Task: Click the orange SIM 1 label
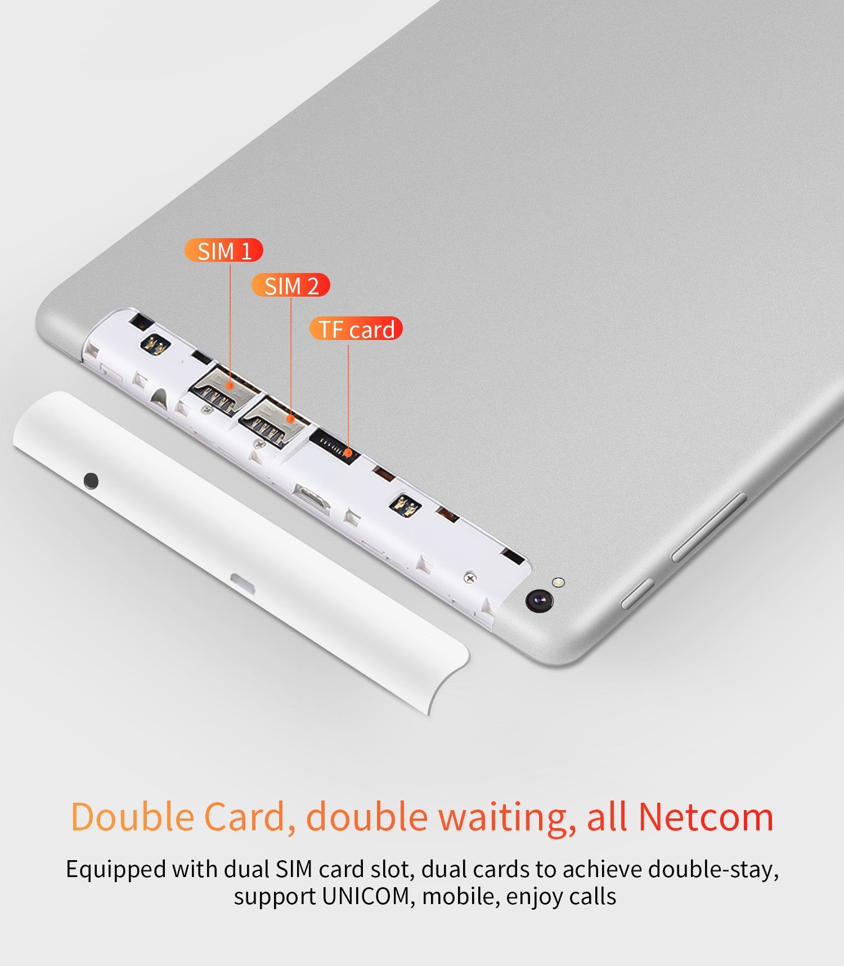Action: coord(224,251)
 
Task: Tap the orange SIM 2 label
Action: coord(290,285)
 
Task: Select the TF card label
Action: coord(356,329)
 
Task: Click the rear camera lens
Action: coord(539,600)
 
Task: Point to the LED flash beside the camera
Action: coord(558,583)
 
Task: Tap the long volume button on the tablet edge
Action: coord(709,527)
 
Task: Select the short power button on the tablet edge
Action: coord(638,593)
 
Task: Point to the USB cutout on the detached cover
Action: coord(243,583)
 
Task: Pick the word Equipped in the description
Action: coord(115,870)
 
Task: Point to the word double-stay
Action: coord(713,870)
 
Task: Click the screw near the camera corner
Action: coord(470,578)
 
